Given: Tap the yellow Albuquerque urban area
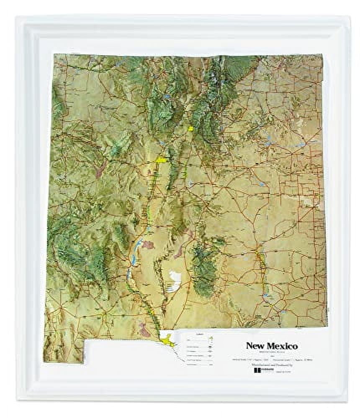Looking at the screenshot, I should coord(161,160).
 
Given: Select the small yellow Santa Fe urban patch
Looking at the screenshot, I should coord(191,129).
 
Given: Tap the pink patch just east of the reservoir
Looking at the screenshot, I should coord(147,245).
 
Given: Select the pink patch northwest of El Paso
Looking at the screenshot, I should coord(144,330).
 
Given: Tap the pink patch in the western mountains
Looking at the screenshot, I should coord(100,169).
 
